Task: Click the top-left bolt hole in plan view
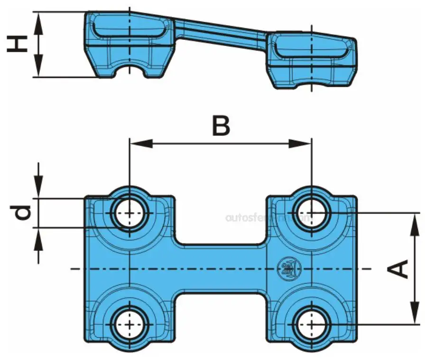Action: pyautogui.click(x=130, y=213)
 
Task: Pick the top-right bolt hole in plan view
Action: pyautogui.click(x=311, y=213)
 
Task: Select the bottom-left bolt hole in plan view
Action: pyautogui.click(x=130, y=324)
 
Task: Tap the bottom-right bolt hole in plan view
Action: pyautogui.click(x=311, y=324)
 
